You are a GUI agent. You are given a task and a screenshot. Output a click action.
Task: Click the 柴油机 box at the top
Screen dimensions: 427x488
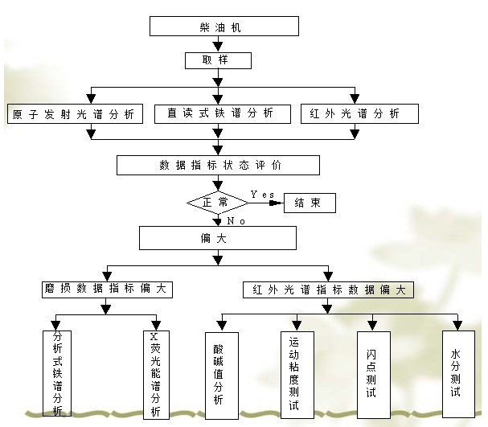click(224, 27)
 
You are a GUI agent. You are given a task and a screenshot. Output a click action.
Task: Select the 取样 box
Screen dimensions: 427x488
click(218, 61)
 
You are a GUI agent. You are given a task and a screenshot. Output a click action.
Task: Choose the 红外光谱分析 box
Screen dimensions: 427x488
click(359, 114)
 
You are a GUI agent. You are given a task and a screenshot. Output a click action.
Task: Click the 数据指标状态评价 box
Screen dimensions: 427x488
click(218, 166)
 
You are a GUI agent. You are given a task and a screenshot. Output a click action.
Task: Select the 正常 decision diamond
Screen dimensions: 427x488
click(217, 203)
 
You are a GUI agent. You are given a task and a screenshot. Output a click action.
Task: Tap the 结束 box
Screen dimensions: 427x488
click(310, 203)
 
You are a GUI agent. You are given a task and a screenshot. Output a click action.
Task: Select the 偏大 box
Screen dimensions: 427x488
click(218, 238)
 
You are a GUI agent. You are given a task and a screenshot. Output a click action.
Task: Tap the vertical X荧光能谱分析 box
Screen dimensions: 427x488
click(155, 374)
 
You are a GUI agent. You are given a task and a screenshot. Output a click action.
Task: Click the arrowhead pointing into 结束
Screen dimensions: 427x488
click(277, 203)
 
